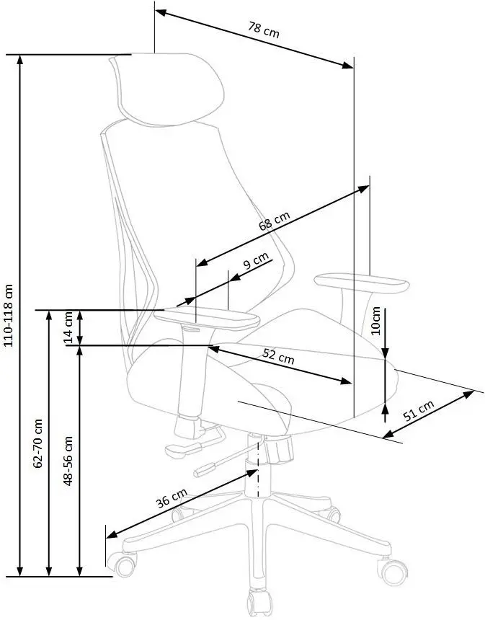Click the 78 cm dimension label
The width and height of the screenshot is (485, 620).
264,30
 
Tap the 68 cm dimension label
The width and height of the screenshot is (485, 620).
275,221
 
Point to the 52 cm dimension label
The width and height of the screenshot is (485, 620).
278,357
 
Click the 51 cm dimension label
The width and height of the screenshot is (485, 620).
418,409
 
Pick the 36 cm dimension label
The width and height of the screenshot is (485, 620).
171,498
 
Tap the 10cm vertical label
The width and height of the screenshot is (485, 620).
376,321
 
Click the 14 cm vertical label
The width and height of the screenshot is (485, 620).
68,327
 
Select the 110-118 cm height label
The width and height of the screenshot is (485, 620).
9,315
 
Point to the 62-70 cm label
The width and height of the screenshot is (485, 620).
38,443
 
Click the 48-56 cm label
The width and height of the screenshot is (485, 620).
68,461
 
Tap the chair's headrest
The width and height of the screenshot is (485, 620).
168,89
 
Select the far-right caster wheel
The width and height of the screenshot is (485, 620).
393,572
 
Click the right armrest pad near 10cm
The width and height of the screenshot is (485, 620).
362,283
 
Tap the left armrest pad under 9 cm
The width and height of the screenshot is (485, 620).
207,317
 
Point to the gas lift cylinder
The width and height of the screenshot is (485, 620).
255,466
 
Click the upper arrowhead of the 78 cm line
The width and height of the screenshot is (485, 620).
161,13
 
